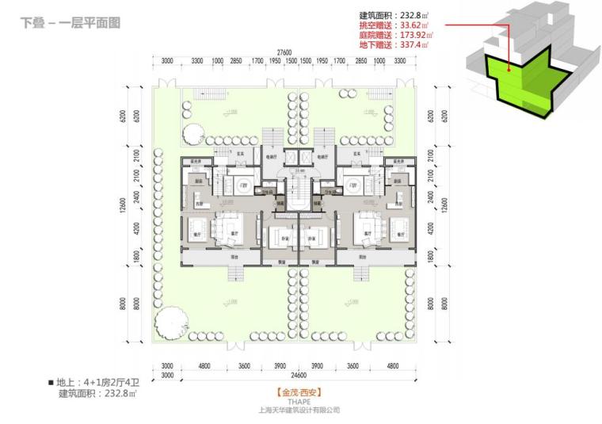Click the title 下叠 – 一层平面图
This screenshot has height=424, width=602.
(x=70, y=24)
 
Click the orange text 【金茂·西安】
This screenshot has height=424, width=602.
(x=299, y=392)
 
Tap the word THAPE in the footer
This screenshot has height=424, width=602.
(x=299, y=401)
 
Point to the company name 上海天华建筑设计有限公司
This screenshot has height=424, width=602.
(x=299, y=411)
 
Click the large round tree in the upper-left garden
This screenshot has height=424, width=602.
(x=192, y=132)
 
